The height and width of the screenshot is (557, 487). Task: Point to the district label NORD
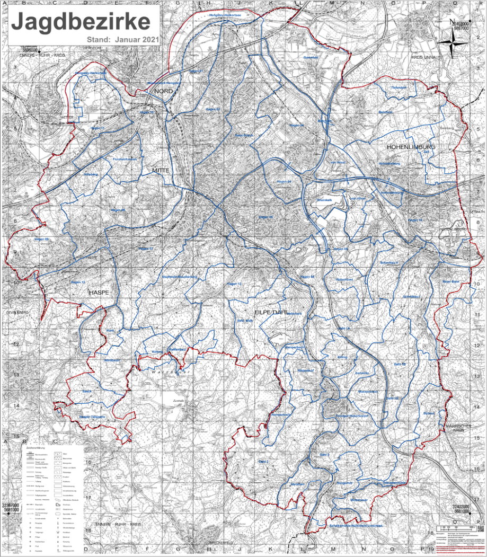pos(164,92)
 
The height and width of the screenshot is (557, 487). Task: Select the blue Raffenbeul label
pos(175,350)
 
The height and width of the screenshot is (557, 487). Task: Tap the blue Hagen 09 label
pos(41,240)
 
